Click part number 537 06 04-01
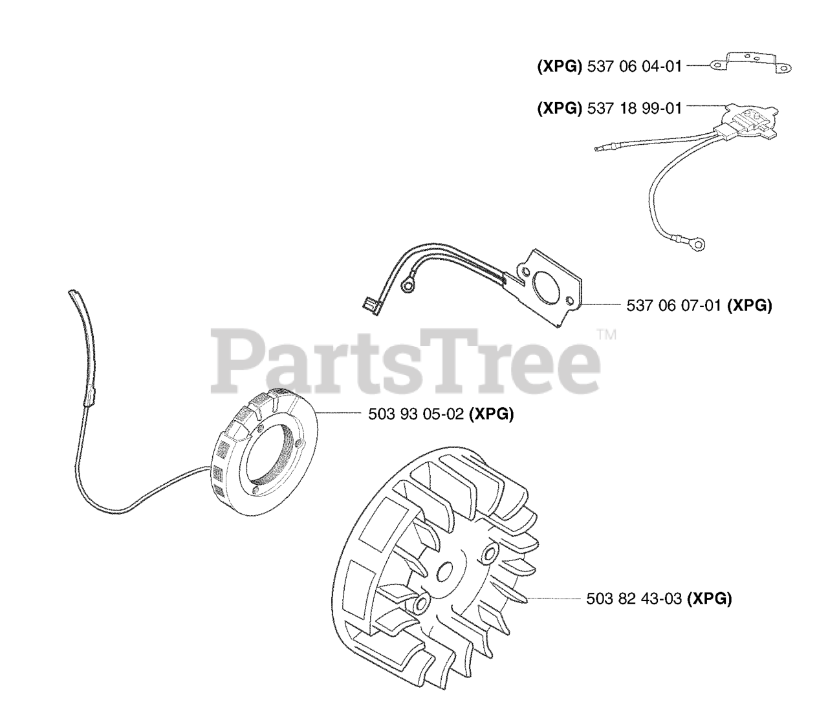(634, 67)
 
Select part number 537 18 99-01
(634, 109)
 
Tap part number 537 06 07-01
(673, 306)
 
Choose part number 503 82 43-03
(634, 599)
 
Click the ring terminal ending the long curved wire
(699, 244)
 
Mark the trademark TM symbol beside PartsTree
(606, 335)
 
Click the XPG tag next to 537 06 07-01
(750, 306)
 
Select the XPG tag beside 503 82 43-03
(709, 599)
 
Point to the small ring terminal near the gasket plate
(408, 282)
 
